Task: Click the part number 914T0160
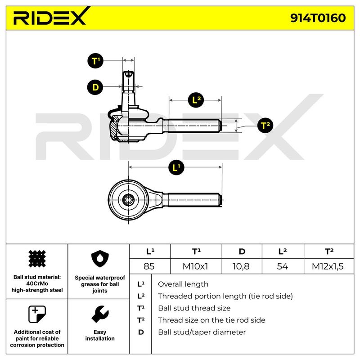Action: pos(318,18)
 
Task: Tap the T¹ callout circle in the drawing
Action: pos(95,61)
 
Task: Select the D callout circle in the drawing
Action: pos(95,87)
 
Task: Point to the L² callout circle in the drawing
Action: pos(196,100)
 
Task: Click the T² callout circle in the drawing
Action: pos(265,126)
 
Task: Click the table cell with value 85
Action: pos(149,266)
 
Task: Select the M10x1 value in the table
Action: pos(195,266)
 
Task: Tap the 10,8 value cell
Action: pos(241,266)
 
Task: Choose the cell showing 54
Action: pos(282,266)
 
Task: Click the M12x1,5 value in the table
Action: pos(328,266)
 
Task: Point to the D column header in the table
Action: pos(242,252)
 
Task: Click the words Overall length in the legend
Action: pos(183,284)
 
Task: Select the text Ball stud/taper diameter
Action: pos(202,332)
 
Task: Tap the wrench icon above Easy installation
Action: pos(100,314)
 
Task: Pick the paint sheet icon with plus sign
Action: pos(37,314)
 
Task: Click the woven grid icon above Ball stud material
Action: pos(37,259)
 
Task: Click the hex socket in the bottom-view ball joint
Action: pos(128,200)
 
